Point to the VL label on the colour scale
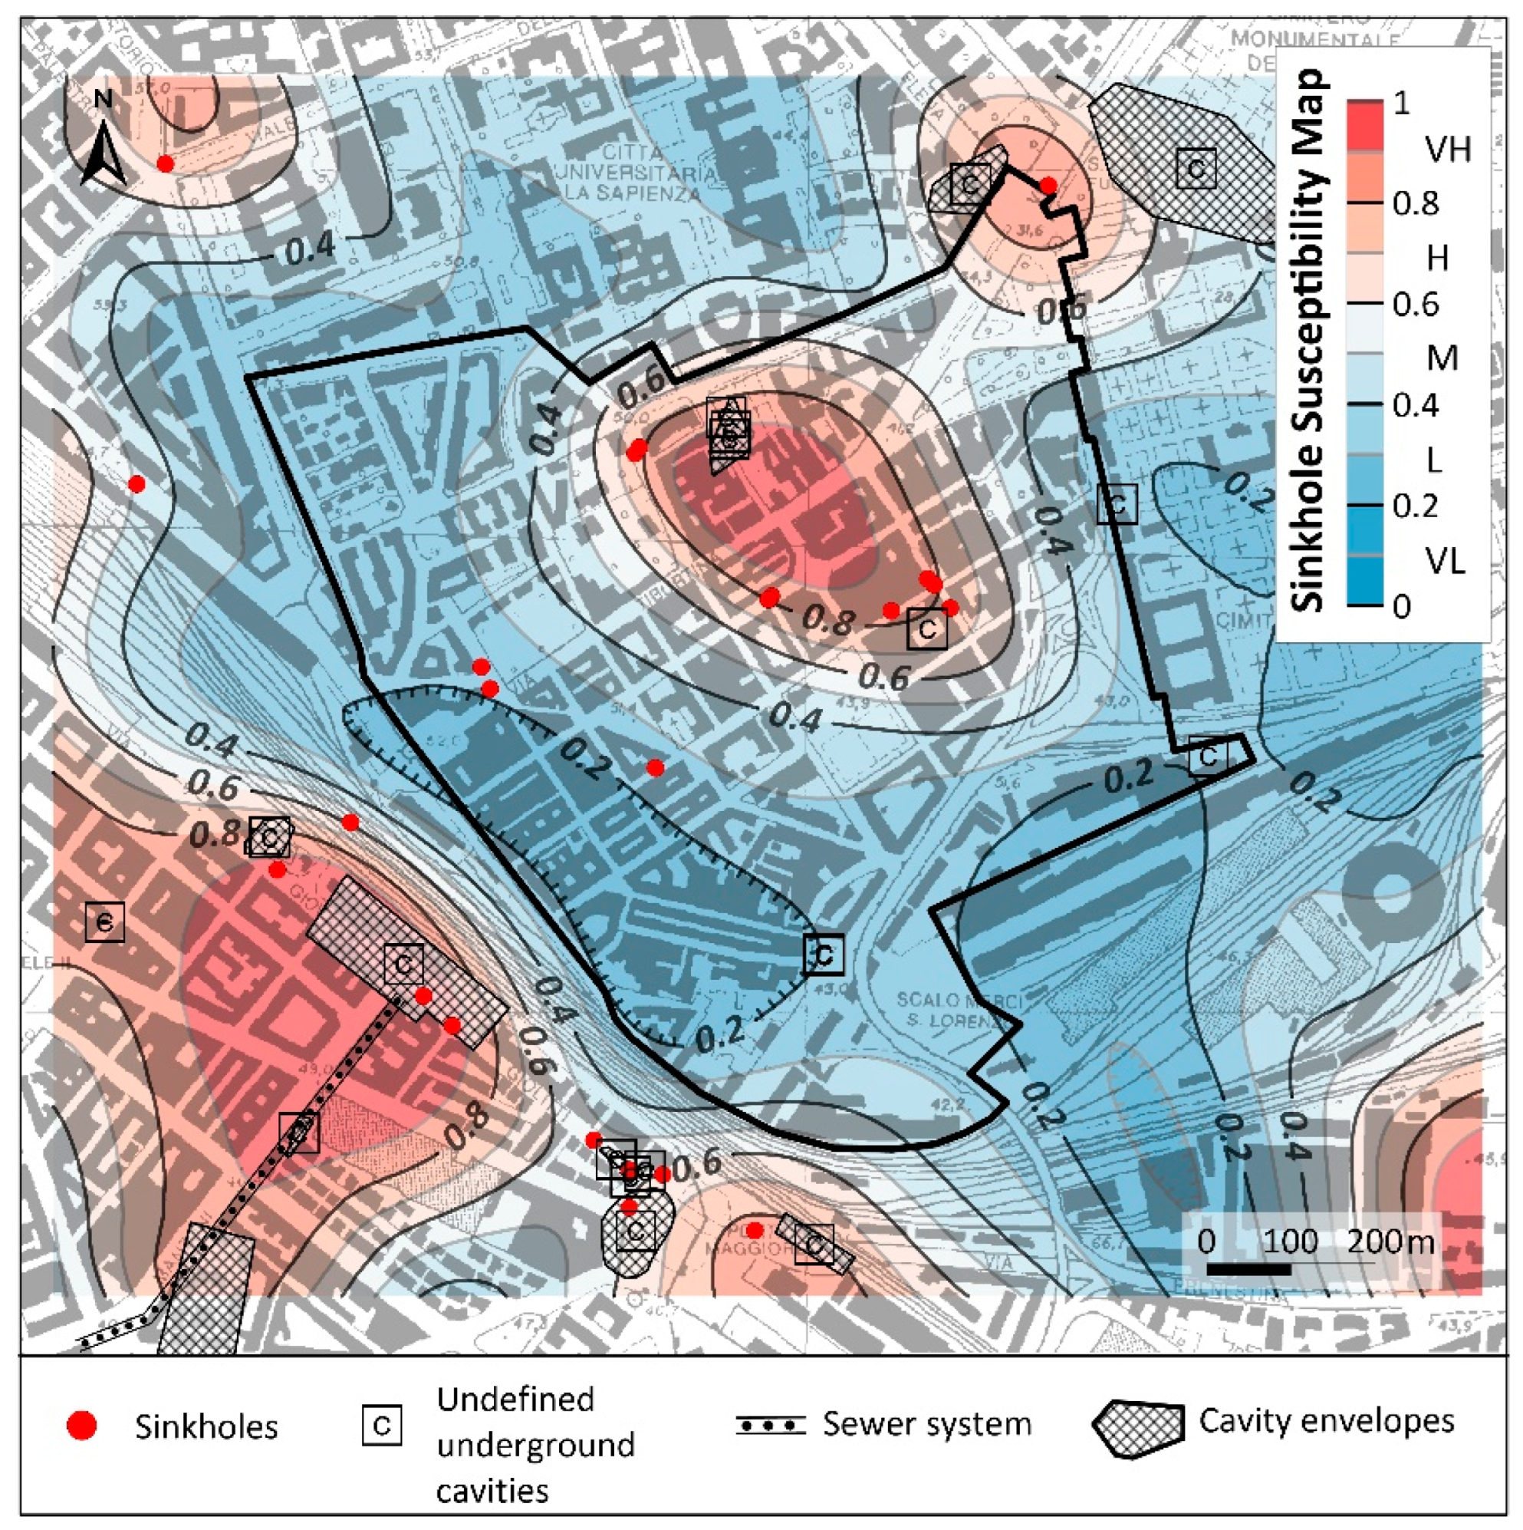[x=1446, y=561]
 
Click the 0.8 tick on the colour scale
[x=1416, y=203]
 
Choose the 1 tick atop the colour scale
[x=1402, y=103]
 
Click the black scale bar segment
[x=1248, y=1268]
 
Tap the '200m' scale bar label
[x=1390, y=1240]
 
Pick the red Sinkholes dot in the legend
[x=82, y=1426]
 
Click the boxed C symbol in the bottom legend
[x=382, y=1426]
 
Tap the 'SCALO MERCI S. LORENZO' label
[x=959, y=1011]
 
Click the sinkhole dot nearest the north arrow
[x=166, y=163]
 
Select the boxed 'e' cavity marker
[x=104, y=922]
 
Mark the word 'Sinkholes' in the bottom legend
[x=206, y=1426]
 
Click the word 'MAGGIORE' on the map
[x=760, y=1249]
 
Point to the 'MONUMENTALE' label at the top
[x=1316, y=38]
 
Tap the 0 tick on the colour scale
[x=1401, y=607]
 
